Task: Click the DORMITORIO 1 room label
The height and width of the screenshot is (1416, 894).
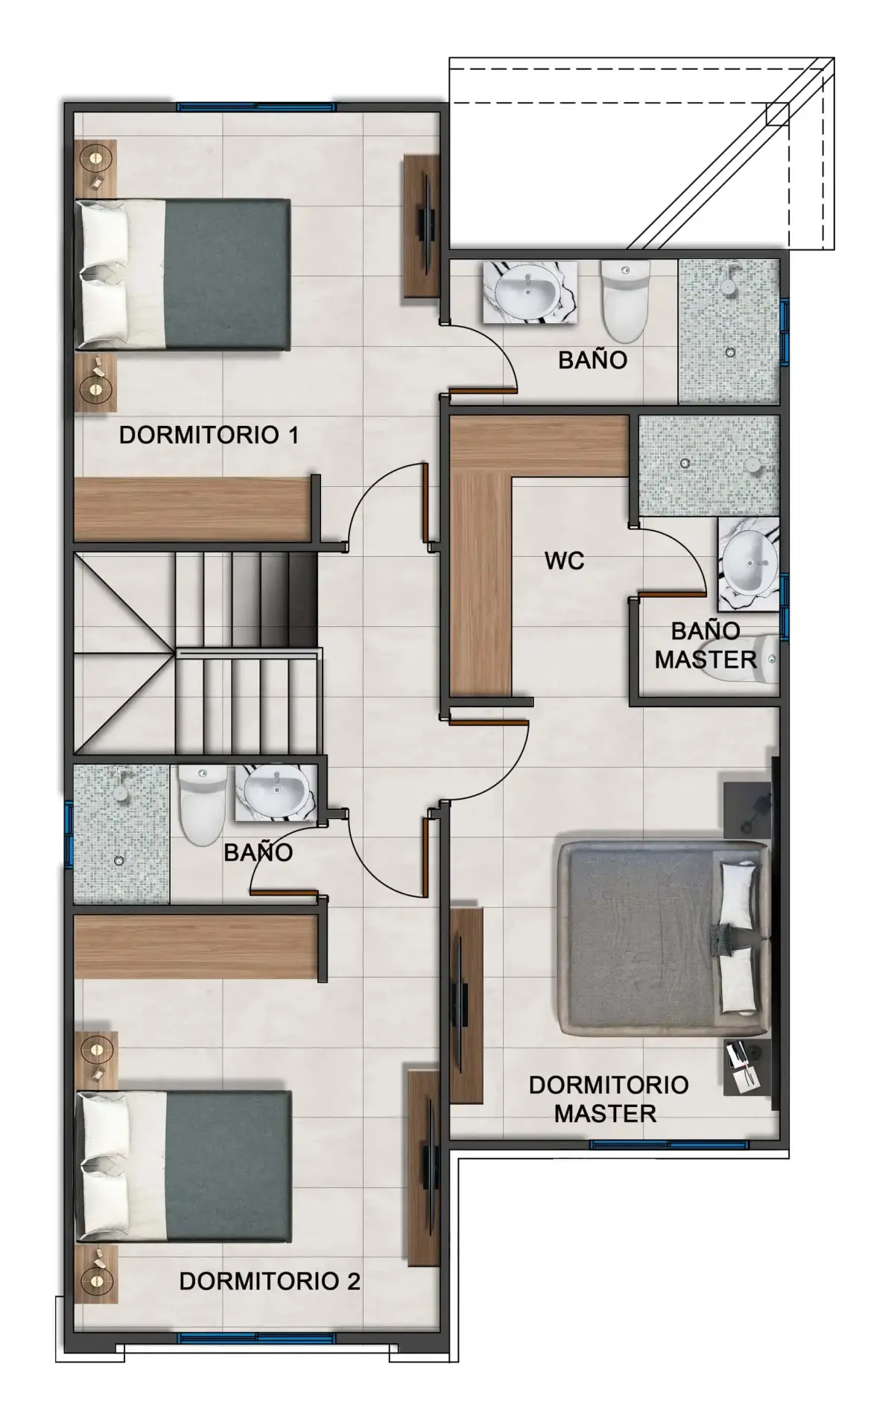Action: click(209, 435)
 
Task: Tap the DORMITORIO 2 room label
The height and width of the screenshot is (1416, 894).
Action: click(270, 1281)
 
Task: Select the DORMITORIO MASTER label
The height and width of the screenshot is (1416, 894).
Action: click(608, 1099)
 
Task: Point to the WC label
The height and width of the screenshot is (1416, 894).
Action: click(564, 561)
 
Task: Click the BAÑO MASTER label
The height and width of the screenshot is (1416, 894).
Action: click(706, 645)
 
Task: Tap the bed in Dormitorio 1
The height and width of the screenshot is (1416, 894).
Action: click(183, 273)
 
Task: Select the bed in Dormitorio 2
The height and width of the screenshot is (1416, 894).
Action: click(183, 1167)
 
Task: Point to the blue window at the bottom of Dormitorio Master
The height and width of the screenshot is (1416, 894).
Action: click(668, 1144)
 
